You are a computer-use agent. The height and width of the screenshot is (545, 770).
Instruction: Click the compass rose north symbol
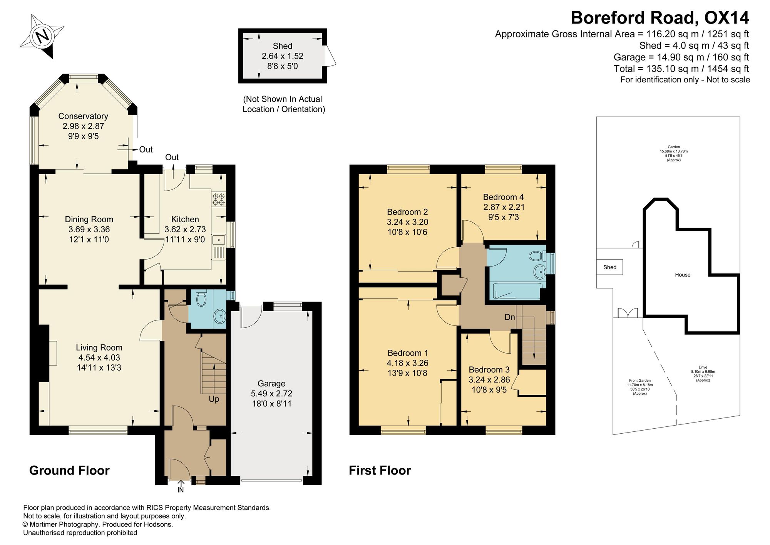click(42, 36)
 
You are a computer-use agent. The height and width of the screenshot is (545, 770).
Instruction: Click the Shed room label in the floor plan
click(283, 46)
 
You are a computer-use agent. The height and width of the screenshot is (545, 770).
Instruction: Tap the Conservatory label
click(83, 116)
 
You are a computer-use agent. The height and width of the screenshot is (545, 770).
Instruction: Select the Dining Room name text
click(89, 219)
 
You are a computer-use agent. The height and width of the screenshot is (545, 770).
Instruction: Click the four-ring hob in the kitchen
click(219, 199)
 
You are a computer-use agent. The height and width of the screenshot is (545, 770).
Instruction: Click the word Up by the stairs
click(214, 399)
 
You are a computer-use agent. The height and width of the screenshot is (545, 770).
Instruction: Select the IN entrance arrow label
click(181, 490)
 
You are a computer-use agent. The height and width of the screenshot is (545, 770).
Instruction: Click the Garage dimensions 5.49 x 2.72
click(271, 393)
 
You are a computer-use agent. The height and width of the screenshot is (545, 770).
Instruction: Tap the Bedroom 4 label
click(504, 197)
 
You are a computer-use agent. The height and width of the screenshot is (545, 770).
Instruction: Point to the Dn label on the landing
click(510, 317)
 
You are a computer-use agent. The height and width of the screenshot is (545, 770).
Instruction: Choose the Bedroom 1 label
click(408, 353)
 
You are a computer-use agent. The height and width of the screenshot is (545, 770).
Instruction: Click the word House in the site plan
click(683, 275)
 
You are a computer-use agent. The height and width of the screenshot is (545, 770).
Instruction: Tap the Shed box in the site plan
click(609, 267)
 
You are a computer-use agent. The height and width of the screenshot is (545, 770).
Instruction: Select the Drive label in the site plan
click(703, 367)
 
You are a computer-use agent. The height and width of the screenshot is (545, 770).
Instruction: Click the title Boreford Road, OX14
click(660, 18)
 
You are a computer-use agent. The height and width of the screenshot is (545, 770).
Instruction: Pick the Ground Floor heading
click(69, 470)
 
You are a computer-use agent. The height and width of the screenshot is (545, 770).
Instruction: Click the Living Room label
click(99, 347)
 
